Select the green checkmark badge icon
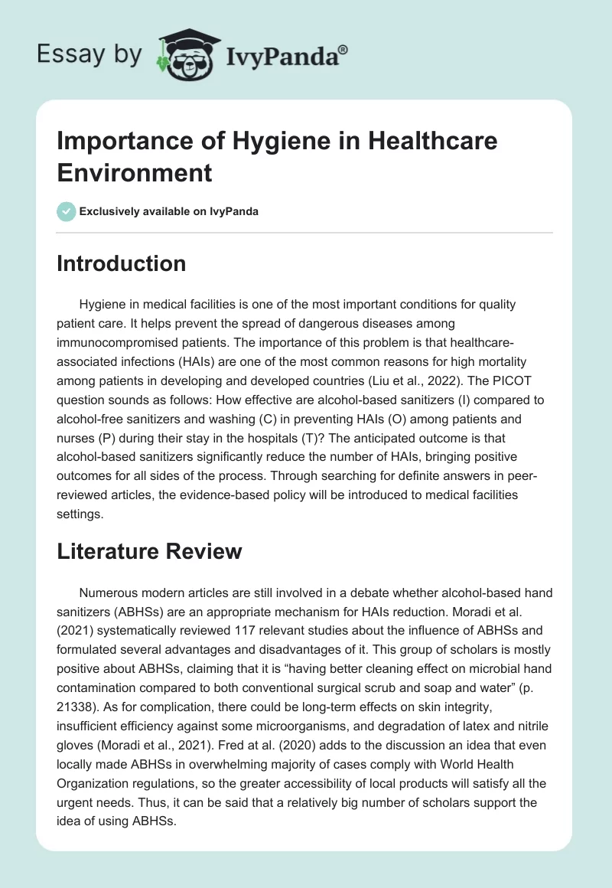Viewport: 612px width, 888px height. click(x=66, y=211)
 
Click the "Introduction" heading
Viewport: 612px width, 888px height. click(x=122, y=264)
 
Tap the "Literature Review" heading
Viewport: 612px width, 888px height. click(x=149, y=551)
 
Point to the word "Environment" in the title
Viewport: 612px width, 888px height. click(x=135, y=172)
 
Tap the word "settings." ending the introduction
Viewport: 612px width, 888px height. click(x=79, y=514)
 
